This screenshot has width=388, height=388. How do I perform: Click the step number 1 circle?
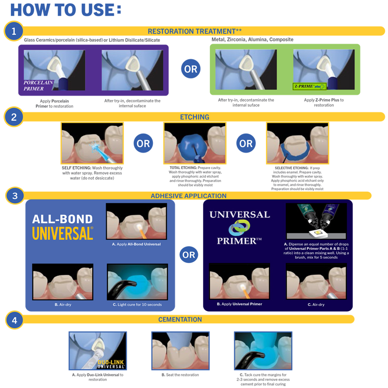[x=14, y=31]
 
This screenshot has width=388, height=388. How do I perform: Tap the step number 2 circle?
[x=14, y=117]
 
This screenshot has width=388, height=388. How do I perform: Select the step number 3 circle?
[x=15, y=196]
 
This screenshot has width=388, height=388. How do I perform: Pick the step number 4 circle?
[x=15, y=320]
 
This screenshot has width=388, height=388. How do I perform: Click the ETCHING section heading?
[x=194, y=117]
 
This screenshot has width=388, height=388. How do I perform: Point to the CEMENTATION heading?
[x=180, y=319]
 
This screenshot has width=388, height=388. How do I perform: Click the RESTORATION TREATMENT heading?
[x=194, y=31]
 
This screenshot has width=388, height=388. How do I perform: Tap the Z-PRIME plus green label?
[x=309, y=87]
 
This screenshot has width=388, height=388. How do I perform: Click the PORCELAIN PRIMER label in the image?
[x=38, y=86]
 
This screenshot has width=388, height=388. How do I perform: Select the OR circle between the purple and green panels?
[x=191, y=69]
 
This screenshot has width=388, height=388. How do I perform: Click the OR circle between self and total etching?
[x=143, y=143]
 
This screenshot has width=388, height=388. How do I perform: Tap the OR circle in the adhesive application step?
[x=189, y=255]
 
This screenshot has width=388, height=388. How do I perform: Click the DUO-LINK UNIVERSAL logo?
[x=111, y=364]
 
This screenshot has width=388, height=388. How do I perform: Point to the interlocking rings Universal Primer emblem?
[x=239, y=227]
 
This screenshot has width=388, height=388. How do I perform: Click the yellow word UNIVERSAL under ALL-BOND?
[x=62, y=233]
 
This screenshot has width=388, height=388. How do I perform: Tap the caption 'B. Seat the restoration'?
[x=180, y=375]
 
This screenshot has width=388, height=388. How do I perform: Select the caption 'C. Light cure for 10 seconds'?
[x=137, y=305]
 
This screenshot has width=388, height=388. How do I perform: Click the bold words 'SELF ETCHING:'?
[x=76, y=168]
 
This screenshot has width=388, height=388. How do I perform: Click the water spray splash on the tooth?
[x=94, y=147]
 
